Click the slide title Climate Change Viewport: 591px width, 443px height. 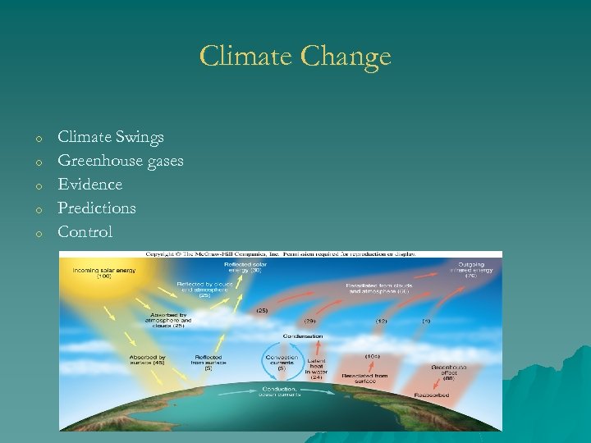tap(295, 57)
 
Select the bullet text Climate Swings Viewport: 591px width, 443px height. tap(111, 137)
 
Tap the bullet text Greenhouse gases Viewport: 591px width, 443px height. tap(121, 161)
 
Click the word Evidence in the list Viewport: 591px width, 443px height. tap(90, 185)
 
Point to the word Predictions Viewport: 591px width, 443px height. tap(97, 208)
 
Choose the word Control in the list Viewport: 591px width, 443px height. tap(85, 232)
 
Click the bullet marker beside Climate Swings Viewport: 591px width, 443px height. tap(38, 139)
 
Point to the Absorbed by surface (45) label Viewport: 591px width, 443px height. tap(147, 361)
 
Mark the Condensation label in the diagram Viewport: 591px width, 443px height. tap(303, 336)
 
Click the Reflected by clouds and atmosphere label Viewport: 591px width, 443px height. tap(199, 289)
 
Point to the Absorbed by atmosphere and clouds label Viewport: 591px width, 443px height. tap(167, 320)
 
